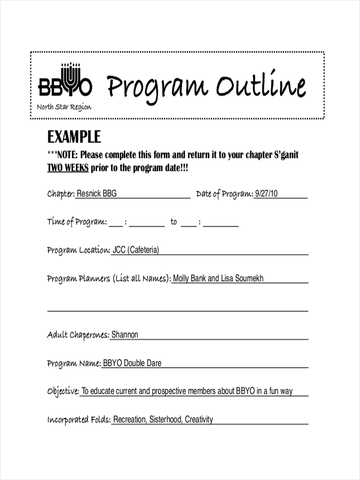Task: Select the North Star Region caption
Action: (x=64, y=107)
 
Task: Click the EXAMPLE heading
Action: (x=74, y=137)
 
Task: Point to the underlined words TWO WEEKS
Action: (x=68, y=168)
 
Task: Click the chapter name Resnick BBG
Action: (x=96, y=194)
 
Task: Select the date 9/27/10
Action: (x=266, y=194)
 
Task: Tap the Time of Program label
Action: (x=76, y=222)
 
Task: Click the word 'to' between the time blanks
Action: (x=173, y=222)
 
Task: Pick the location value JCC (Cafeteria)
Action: (x=136, y=250)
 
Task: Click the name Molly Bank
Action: (x=189, y=278)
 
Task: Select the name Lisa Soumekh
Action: (x=242, y=278)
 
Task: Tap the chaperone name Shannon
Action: (x=125, y=335)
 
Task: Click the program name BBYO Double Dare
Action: (x=132, y=363)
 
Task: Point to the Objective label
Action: (x=63, y=392)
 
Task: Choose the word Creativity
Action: (x=199, y=420)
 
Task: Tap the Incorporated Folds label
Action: (x=78, y=420)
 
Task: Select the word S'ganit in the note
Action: (x=286, y=155)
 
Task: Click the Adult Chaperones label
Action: (x=78, y=335)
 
